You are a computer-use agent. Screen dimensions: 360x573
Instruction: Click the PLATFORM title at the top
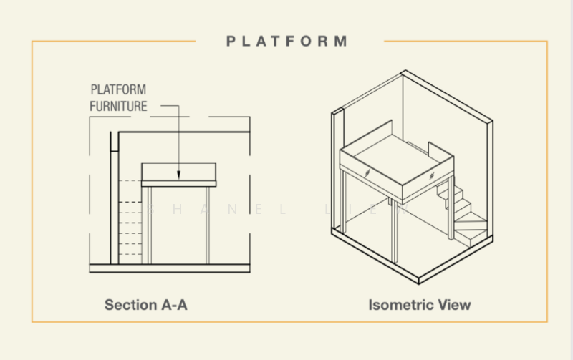286,41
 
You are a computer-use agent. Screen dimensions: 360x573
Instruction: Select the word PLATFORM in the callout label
118,90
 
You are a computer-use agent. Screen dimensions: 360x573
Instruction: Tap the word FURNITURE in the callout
118,107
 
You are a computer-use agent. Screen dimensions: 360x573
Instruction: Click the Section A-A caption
146,305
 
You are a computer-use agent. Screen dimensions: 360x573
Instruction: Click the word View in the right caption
455,305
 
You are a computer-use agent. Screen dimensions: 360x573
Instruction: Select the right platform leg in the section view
207,224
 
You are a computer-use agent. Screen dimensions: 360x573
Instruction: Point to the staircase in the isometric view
466,215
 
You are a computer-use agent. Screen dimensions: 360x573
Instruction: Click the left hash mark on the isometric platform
366,172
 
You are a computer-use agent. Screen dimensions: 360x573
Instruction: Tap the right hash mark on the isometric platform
431,175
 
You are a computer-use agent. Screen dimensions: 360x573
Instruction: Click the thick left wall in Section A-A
113,200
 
